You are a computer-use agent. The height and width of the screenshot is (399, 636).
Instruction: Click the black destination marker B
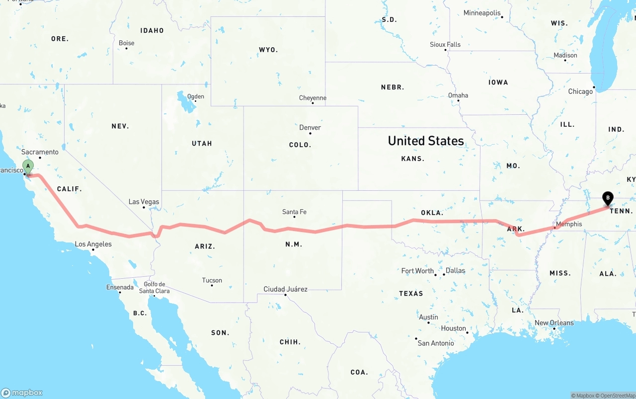[607, 199]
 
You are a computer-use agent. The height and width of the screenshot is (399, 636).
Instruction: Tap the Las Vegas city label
[144, 202]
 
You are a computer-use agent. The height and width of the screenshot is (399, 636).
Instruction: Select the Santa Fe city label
[294, 212]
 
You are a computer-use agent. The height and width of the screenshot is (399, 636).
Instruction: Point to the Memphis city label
[569, 224]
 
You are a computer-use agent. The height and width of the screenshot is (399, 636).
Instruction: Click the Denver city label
[310, 128]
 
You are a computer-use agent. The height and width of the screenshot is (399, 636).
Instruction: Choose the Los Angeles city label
[93, 244]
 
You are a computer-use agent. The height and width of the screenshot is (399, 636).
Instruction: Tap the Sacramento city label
[40, 152]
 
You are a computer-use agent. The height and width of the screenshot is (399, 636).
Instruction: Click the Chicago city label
[580, 91]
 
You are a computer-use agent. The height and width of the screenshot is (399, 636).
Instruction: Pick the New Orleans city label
[554, 323]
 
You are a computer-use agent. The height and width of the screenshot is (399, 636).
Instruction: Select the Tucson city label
[212, 280]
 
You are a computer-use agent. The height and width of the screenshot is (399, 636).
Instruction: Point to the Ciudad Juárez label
[285, 289]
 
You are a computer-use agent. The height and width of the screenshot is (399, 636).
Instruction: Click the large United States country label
[426, 141]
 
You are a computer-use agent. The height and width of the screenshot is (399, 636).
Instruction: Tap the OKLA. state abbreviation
[432, 213]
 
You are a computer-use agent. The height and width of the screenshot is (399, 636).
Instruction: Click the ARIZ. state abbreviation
[205, 246]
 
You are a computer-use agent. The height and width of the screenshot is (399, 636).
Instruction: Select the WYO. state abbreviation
[268, 50]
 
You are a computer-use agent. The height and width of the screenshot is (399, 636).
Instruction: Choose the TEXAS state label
[411, 294]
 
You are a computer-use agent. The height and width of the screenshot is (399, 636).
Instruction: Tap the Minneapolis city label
[482, 13]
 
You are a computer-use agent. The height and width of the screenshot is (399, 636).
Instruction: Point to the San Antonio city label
[436, 343]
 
